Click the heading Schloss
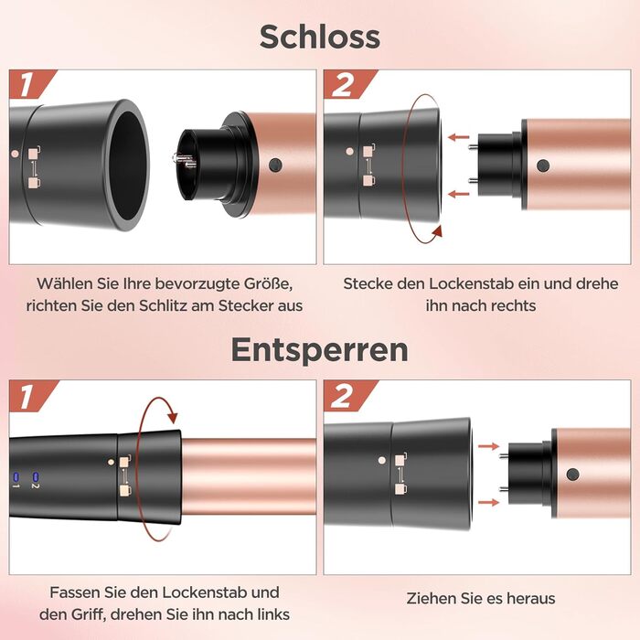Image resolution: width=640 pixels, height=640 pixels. (320, 37)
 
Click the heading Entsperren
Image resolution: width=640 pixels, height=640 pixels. (320, 350)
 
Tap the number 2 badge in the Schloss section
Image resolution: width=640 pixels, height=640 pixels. (343, 84)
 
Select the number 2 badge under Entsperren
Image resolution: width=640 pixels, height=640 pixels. (342, 396)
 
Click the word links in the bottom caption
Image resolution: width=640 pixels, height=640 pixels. (273, 614)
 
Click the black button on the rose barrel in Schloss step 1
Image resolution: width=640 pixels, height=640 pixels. (275, 165)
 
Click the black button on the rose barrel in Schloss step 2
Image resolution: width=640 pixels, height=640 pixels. (543, 165)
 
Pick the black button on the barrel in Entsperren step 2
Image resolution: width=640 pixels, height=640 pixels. (572, 475)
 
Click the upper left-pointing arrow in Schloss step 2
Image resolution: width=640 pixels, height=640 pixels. (458, 137)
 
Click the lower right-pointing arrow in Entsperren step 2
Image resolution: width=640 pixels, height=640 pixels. (488, 502)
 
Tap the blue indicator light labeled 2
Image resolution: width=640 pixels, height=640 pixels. (35, 476)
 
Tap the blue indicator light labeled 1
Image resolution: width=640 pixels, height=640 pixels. (16, 476)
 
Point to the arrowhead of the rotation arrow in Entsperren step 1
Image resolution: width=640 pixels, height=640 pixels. (173, 417)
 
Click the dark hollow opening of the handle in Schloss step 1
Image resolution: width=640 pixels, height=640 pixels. (127, 165)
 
